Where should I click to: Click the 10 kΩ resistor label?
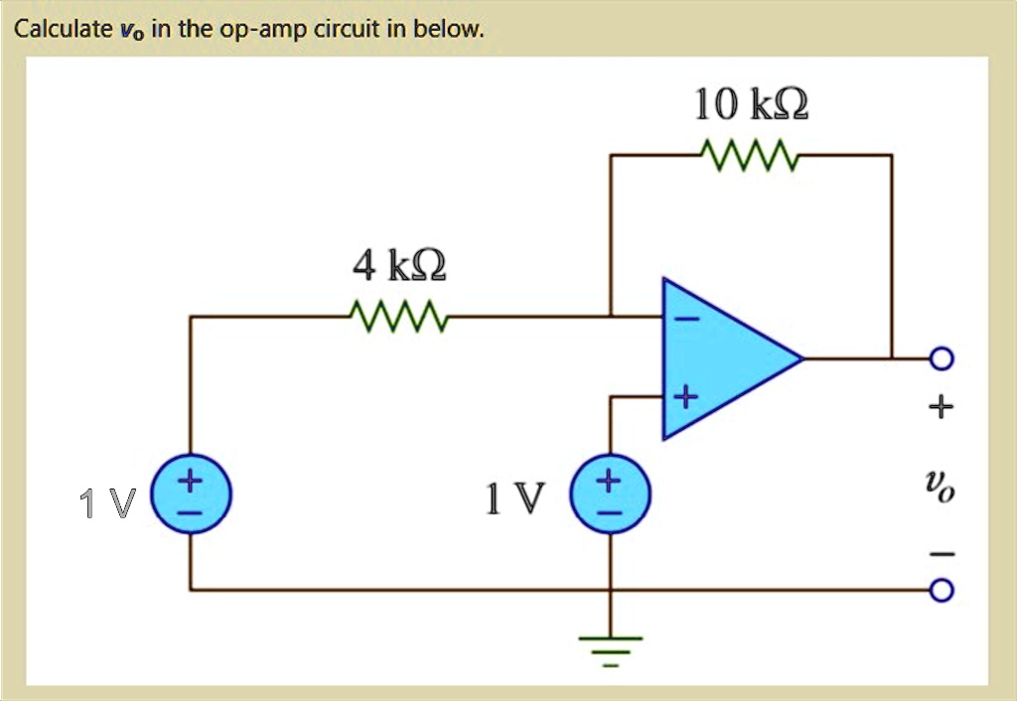751,104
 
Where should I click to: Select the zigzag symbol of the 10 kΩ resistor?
750,155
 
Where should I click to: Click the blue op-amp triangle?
720,358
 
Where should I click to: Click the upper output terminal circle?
943,357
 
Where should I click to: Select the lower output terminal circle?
943,592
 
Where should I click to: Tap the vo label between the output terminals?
942,487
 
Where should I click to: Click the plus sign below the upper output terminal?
943,406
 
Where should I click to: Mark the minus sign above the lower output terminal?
943,552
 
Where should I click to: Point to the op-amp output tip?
800,357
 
